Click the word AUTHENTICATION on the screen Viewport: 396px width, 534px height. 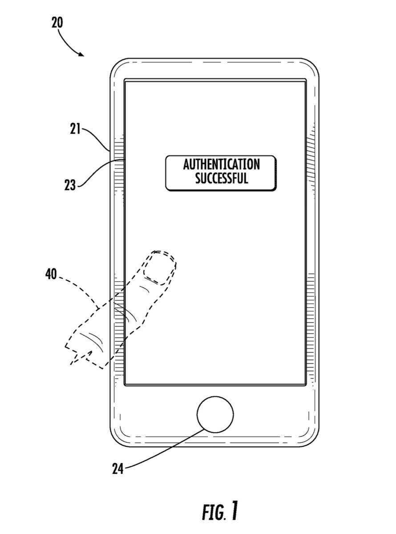221,165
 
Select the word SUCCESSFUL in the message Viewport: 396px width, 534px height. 221,179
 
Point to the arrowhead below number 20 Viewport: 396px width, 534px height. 81,54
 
